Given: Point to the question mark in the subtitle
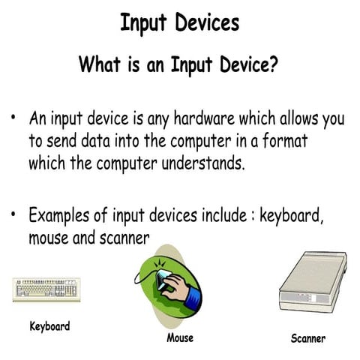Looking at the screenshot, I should tap(275, 64).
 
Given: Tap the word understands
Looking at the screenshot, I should tap(201, 163).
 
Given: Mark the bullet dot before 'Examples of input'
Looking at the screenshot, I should tap(13, 216).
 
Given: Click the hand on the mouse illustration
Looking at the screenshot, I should tap(175, 286).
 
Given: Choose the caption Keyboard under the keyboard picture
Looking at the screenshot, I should tap(49, 326).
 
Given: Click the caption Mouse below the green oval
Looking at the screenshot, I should tap(179, 337).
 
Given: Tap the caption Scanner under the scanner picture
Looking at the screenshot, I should tap(307, 338).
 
